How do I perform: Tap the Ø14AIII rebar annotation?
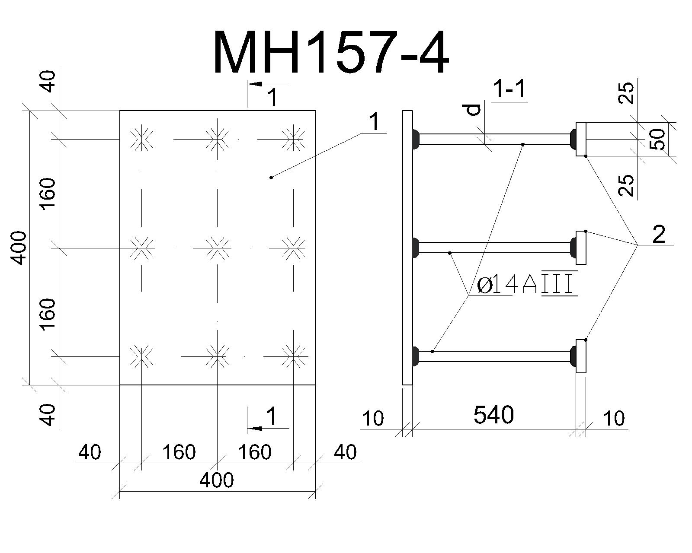(x=527, y=285)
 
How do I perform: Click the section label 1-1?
(x=509, y=89)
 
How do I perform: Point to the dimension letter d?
(x=473, y=110)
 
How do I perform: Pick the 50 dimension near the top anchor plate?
(x=657, y=139)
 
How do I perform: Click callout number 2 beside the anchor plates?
(x=659, y=235)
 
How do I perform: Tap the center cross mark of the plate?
(x=218, y=248)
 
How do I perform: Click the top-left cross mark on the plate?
(x=141, y=139)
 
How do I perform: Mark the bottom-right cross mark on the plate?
(x=293, y=356)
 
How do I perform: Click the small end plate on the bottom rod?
(x=581, y=356)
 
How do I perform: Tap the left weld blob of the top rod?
(x=416, y=139)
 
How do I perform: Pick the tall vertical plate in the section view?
(x=407, y=248)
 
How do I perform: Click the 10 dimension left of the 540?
(x=373, y=419)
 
